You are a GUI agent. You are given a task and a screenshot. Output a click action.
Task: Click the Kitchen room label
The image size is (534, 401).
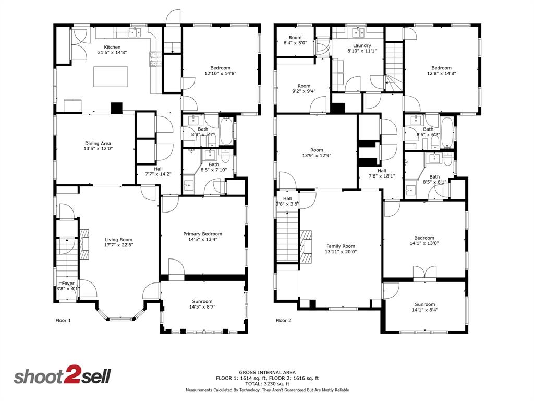pyautogui.click(x=112, y=47)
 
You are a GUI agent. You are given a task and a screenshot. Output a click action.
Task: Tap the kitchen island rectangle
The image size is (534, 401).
pyautogui.click(x=110, y=76)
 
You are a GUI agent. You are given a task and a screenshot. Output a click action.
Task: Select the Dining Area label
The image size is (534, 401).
pyautogui.click(x=98, y=143)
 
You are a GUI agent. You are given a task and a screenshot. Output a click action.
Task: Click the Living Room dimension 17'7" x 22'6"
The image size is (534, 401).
pyautogui.click(x=119, y=245)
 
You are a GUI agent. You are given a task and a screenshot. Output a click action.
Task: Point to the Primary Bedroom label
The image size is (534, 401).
pyautogui.click(x=202, y=234)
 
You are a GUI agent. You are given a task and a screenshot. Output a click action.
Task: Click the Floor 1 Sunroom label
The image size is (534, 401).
pyautogui.click(x=202, y=301)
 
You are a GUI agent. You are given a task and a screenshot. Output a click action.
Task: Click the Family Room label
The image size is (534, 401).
pyautogui.click(x=341, y=246)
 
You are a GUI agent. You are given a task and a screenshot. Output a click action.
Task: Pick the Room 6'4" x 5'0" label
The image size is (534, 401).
pyautogui.click(x=295, y=38)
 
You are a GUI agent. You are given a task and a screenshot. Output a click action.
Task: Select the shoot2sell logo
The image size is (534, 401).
pyautogui.click(x=62, y=376)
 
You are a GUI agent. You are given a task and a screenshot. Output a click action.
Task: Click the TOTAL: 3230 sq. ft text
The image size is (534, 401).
pyautogui.click(x=268, y=383)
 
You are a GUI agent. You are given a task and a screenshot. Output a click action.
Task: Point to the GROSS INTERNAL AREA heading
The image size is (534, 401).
pyautogui.click(x=268, y=372)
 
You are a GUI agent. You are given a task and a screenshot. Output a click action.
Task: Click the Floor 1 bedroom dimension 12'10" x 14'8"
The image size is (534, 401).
pyautogui.click(x=220, y=74)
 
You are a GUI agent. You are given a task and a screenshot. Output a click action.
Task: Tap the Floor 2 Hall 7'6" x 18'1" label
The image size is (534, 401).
pyautogui.click(x=382, y=176)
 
